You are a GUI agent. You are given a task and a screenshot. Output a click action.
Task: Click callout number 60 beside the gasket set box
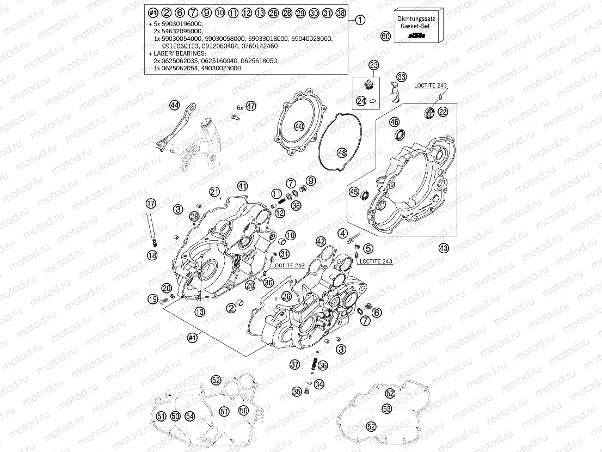[386, 36]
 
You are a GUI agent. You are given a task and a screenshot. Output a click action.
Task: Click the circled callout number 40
[299, 126]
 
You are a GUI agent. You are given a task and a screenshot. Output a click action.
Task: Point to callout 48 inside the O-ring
[341, 152]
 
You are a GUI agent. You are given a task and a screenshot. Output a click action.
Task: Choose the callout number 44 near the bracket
[174, 105]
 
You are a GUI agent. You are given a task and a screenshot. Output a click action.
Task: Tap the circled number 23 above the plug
[373, 65]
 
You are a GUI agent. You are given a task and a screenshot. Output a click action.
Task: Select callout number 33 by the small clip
[402, 77]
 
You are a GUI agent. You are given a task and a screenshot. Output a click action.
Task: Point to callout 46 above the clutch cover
[394, 121]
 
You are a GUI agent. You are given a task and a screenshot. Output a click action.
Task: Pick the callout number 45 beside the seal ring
[354, 192]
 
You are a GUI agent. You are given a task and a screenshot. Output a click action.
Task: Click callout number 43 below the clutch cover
[444, 248]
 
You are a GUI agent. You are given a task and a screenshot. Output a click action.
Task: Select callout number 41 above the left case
[242, 186]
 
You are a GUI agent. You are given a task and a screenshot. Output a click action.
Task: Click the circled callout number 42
[321, 241]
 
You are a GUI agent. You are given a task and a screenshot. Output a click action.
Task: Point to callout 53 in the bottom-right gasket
[386, 408]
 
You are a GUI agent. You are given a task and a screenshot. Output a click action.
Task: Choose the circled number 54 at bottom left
[189, 416]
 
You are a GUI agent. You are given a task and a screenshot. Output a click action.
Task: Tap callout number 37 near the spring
[294, 364]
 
